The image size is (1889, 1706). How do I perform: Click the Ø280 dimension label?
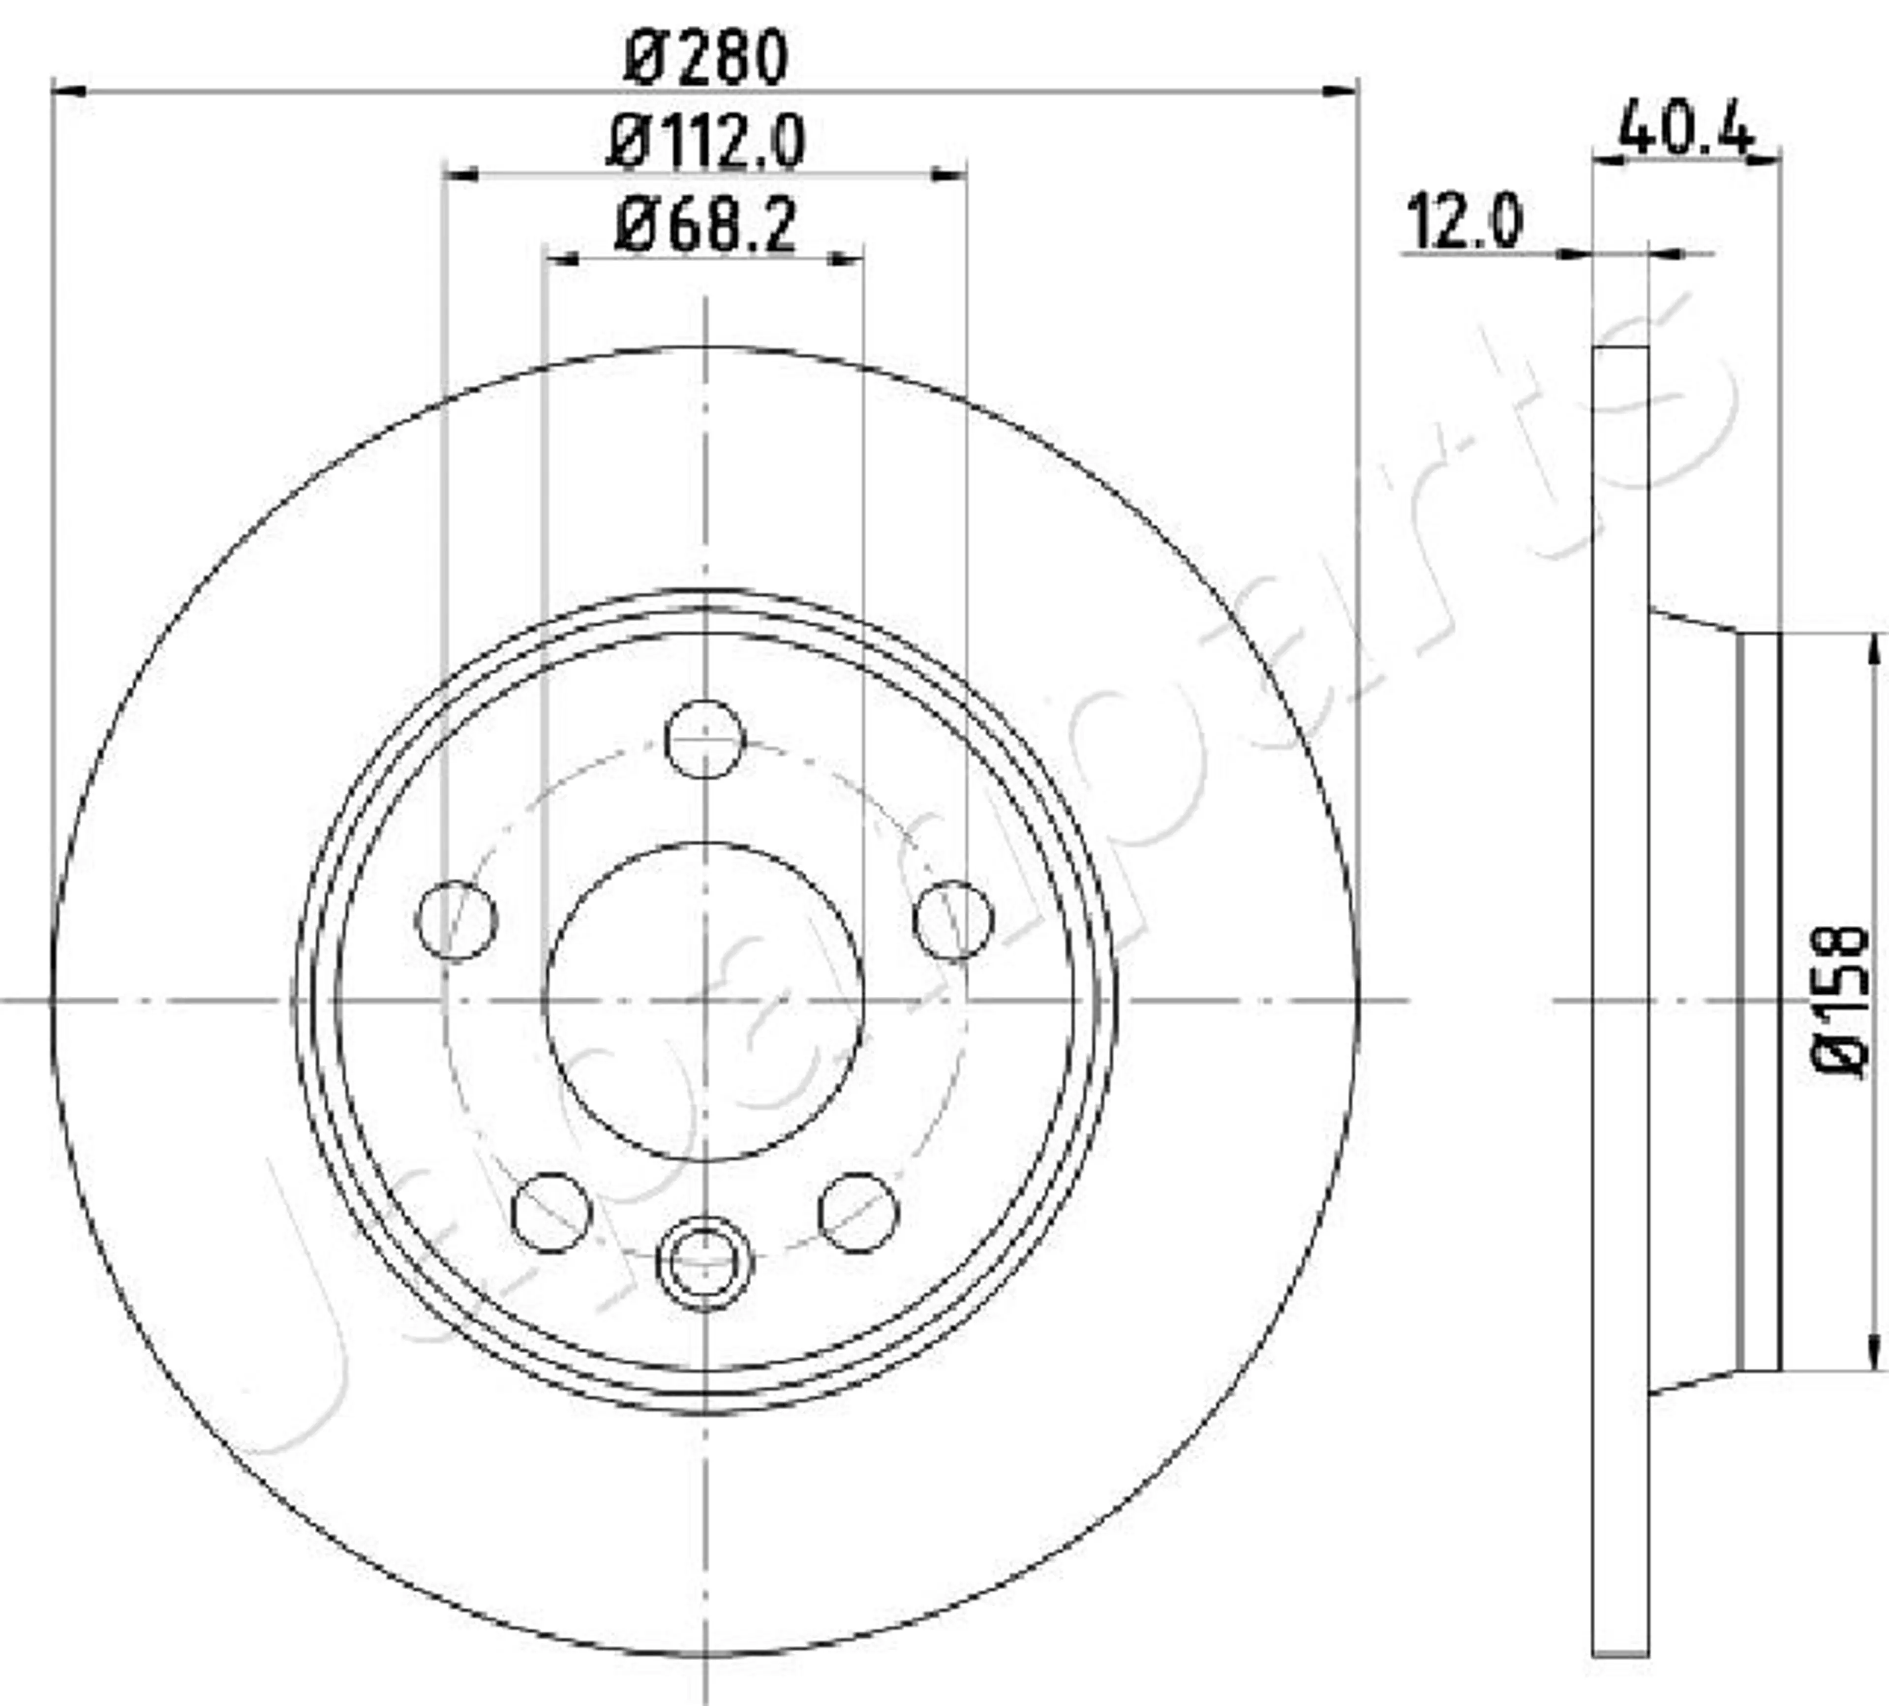coord(705,58)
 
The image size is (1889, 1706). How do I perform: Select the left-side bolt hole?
coord(456,920)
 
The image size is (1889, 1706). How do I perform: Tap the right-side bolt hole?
coord(953,920)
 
